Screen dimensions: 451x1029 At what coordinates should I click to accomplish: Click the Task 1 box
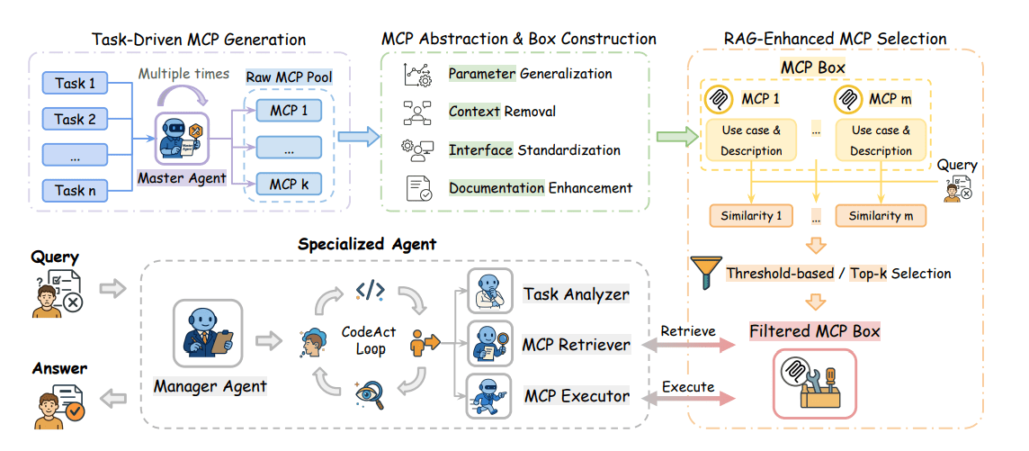(75, 84)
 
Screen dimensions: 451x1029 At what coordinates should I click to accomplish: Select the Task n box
(75, 190)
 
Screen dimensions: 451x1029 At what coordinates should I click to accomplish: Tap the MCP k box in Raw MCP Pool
(289, 185)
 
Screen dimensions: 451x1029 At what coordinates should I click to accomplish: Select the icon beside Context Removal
(416, 112)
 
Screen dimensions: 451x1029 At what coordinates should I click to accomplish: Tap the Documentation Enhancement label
(541, 188)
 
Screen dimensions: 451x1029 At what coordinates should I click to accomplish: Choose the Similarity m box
(881, 216)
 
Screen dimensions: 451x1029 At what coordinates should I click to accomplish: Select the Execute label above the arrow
(687, 387)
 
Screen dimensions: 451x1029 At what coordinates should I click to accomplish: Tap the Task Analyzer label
(577, 294)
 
